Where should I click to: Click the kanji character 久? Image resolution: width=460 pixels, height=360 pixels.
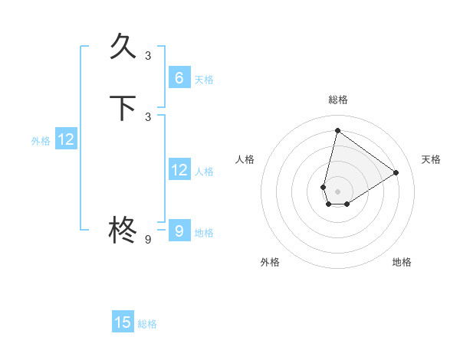tap(123, 47)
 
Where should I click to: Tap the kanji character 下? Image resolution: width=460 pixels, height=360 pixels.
tap(123, 108)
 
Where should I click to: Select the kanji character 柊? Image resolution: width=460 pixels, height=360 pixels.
tap(123, 230)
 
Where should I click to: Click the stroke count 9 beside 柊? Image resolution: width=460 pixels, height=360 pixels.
tap(148, 240)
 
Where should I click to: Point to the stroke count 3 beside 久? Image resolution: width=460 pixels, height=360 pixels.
tap(148, 56)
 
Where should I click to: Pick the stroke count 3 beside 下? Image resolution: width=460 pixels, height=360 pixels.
tap(148, 117)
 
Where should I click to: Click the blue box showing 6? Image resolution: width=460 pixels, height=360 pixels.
tap(179, 78)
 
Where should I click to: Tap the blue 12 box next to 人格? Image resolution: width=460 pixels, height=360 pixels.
tap(179, 170)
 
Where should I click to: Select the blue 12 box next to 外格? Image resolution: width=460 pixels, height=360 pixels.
tap(66, 139)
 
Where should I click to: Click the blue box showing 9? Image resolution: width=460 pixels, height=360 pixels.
tap(179, 231)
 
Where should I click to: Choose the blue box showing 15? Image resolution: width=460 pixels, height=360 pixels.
tap(123, 322)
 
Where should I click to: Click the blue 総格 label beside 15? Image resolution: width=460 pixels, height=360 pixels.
tap(147, 324)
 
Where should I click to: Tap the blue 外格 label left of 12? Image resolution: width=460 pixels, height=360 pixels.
tap(41, 141)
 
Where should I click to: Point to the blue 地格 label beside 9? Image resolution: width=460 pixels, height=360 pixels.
tap(204, 233)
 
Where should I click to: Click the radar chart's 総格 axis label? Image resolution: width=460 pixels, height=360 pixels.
tap(337, 100)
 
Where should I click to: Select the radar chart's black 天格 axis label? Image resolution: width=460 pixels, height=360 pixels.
tap(431, 159)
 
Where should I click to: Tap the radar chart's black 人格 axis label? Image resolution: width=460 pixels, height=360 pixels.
tap(245, 159)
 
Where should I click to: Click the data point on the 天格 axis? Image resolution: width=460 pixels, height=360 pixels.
tap(396, 172)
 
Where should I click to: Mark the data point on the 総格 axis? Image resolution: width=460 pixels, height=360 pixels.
tap(337, 130)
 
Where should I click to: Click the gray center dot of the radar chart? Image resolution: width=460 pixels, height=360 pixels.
tap(337, 191)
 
